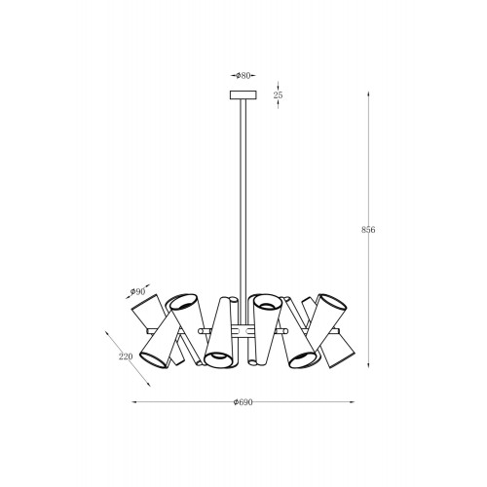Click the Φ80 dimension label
click(243, 76)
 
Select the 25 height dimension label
click(278, 95)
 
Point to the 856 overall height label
click(368, 230)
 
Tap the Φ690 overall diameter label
click(243, 402)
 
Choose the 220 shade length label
click(126, 356)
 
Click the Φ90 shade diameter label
click(137, 291)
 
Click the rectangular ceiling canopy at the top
click(243, 95)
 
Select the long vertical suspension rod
click(243, 211)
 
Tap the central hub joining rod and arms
click(243, 331)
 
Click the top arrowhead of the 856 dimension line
click(368, 94)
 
